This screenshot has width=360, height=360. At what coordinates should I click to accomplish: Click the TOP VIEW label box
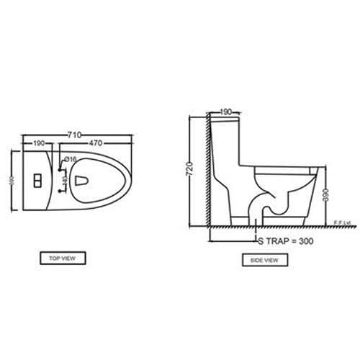tap(63, 257)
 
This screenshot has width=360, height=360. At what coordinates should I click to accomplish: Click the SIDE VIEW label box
tap(264, 260)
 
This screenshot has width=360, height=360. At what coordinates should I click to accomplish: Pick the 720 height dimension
tap(190, 170)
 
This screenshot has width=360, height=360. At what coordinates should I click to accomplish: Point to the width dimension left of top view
tap(11, 181)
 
